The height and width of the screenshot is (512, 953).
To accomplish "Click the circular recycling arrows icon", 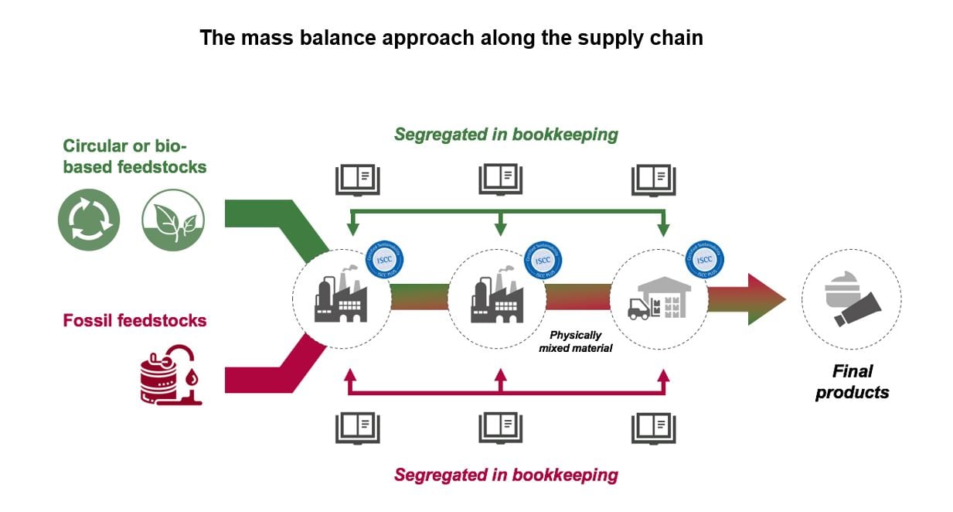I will click(x=89, y=220).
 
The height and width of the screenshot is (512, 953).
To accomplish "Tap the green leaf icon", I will click(x=173, y=220).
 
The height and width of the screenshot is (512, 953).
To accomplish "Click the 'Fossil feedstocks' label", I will click(x=134, y=320).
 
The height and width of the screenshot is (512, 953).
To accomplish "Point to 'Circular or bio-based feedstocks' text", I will click(x=134, y=155).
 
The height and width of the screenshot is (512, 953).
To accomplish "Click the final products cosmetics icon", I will click(x=851, y=299).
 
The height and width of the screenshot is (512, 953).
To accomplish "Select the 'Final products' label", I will click(x=852, y=381).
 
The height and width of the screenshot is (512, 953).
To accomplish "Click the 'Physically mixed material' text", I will click(x=575, y=342).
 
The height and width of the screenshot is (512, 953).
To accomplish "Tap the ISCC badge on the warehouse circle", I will click(x=704, y=260).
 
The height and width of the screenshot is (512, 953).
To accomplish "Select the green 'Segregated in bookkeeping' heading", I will click(x=505, y=135).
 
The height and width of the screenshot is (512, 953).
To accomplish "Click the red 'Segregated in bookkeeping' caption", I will click(x=505, y=474).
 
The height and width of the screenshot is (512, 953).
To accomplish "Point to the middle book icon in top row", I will click(x=500, y=179).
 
